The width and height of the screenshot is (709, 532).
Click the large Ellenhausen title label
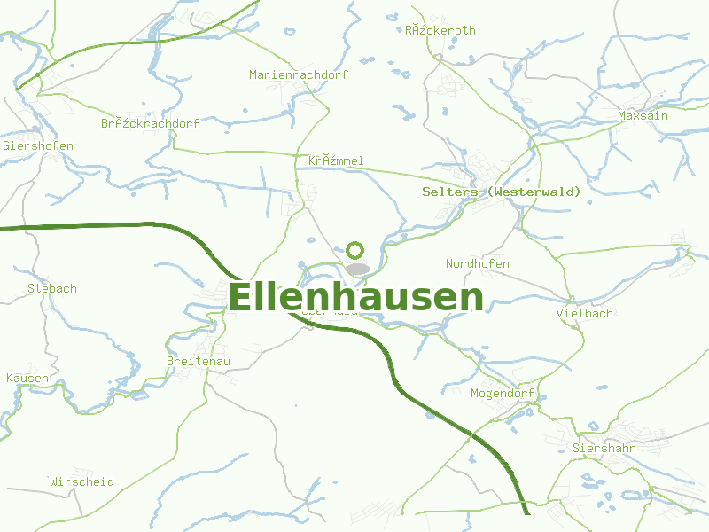click(x=356, y=298)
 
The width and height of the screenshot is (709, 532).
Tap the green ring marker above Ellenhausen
click(x=355, y=250)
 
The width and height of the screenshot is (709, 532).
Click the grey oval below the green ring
click(x=358, y=269)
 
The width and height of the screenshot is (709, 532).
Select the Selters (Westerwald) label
click(x=502, y=192)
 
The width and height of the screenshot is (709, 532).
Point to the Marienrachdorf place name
click(x=299, y=74)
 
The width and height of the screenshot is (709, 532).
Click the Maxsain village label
click(x=643, y=115)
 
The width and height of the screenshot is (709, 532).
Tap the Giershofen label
click(x=38, y=145)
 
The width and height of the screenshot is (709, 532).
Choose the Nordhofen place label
click(x=477, y=264)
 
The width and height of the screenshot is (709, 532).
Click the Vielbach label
click(x=584, y=313)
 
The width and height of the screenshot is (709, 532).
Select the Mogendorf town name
click(x=502, y=393)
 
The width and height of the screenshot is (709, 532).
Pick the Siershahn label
click(x=604, y=448)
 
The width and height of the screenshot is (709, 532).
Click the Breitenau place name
click(x=199, y=361)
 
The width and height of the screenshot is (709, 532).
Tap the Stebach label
click(x=52, y=288)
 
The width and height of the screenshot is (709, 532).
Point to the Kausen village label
click(x=27, y=378)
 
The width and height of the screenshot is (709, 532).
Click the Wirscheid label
click(x=82, y=481)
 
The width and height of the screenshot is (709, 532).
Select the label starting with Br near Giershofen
click(x=150, y=123)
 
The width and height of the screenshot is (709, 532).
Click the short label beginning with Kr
click(x=336, y=160)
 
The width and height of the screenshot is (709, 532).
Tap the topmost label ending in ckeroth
click(x=440, y=30)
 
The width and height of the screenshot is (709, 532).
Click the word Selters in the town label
click(x=450, y=192)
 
